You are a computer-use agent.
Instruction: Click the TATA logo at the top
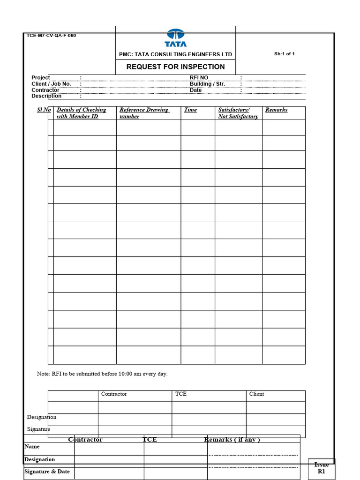point(176,38)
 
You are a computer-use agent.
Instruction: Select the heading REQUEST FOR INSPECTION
point(175,67)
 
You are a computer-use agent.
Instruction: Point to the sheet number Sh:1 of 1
point(285,54)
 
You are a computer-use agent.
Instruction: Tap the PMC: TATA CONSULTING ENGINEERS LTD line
point(175,54)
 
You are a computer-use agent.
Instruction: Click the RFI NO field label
point(199,78)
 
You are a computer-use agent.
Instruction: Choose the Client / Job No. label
point(51,84)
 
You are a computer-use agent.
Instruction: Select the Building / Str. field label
point(207,84)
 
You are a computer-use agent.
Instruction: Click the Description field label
point(46,96)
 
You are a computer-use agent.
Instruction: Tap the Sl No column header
point(44,110)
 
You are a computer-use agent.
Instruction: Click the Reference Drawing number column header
point(144,113)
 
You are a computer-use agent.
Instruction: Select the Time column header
point(190,110)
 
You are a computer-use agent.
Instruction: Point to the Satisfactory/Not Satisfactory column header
point(238,113)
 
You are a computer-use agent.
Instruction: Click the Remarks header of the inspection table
point(276,110)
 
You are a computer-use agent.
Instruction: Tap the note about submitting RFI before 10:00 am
point(102,374)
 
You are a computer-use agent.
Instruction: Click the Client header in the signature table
point(256,394)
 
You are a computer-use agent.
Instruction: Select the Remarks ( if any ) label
point(232,440)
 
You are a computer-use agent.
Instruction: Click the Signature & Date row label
point(47,472)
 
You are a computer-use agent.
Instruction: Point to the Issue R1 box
point(322,468)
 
